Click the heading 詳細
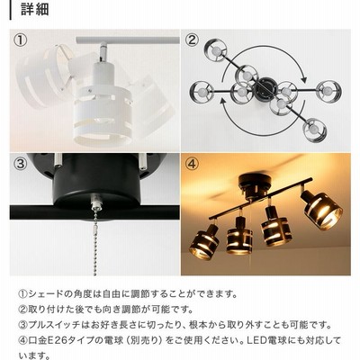34,9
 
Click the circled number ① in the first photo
21,40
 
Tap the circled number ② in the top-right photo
192,40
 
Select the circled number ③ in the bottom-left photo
21,164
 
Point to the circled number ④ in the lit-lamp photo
192,164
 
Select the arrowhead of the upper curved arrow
303,79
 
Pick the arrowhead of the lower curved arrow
223,102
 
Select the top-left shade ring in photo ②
215,51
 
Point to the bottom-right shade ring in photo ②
314,130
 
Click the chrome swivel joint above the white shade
103,51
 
